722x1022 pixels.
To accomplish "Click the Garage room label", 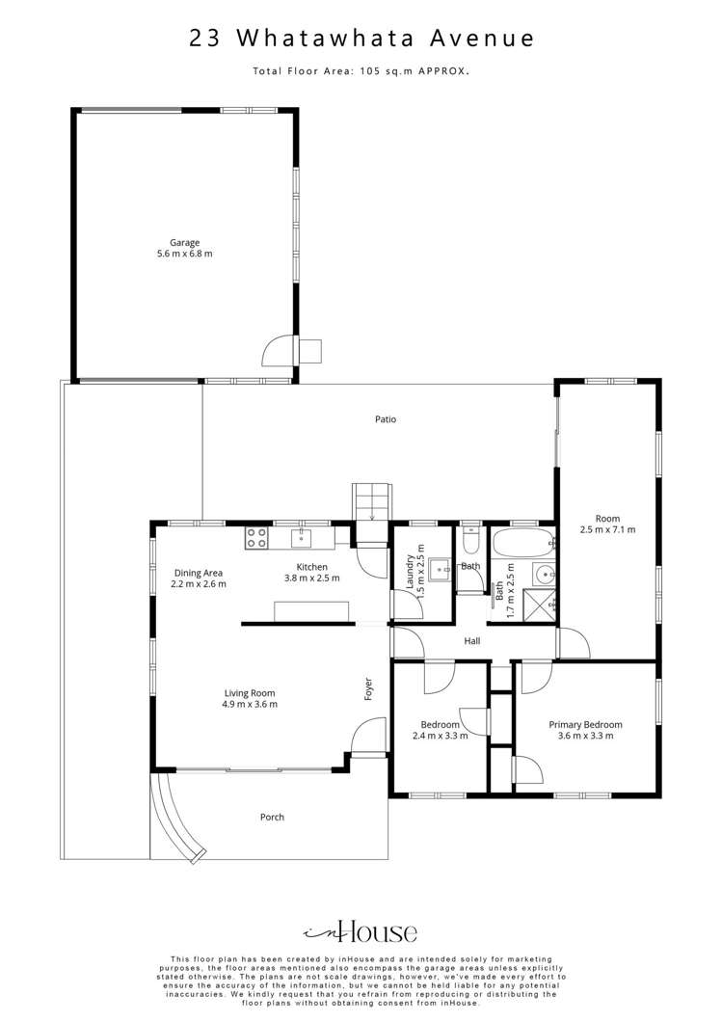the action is [184, 242].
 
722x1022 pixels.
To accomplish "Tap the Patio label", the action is [386, 419].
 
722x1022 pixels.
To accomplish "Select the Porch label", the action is [272, 817].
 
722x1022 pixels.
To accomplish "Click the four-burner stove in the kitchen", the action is [256, 538].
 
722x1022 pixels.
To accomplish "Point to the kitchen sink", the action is [301, 538].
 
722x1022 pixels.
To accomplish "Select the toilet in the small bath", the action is [470, 540].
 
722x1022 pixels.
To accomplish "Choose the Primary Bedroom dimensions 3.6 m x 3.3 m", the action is [585, 736].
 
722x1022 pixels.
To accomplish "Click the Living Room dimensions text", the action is [251, 704].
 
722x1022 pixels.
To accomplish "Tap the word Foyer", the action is [368, 689].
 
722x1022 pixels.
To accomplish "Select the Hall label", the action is [471, 641].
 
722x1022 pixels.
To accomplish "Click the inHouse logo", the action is [361, 932].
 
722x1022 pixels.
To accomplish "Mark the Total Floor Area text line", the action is [361, 71].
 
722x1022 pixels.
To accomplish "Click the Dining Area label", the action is [199, 573].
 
